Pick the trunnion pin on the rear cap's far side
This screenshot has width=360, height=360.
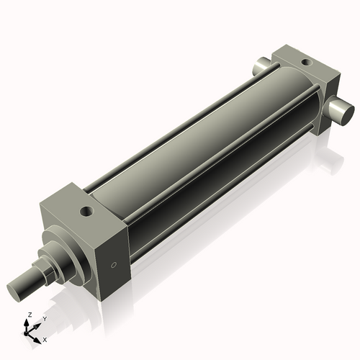click(260, 66)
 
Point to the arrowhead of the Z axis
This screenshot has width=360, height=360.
click(28, 322)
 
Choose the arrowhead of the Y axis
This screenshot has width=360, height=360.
click(37, 323)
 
